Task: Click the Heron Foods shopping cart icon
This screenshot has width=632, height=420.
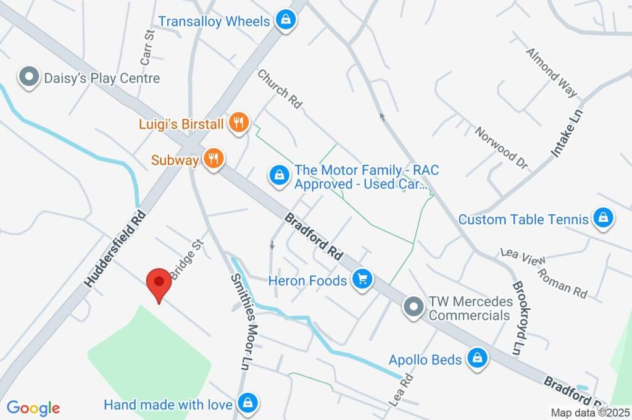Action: coord(362,280)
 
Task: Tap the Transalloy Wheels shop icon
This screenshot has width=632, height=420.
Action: coord(286,20)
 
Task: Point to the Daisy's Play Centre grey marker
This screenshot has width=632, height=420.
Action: coord(28,78)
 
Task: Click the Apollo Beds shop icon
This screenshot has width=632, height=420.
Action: coord(476,358)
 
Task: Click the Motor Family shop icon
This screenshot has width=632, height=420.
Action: coord(279,175)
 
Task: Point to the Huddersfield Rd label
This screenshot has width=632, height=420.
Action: coord(115,248)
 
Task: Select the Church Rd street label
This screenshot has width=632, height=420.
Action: coord(280,89)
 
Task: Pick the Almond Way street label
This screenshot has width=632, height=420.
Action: coord(551,72)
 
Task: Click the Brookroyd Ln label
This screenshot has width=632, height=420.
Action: coord(518,318)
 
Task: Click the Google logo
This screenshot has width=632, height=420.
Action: coord(33,408)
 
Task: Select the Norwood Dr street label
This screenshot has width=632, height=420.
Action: coord(501,148)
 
